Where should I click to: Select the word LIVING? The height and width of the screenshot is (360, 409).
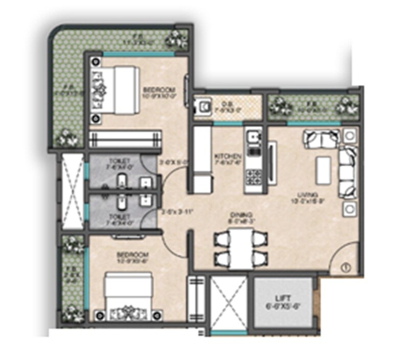tap(310, 195)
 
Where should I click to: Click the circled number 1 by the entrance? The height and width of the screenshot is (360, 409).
tap(344, 266)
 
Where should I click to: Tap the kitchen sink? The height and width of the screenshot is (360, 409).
tap(252, 138)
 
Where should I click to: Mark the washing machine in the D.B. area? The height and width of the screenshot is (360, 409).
tap(204, 106)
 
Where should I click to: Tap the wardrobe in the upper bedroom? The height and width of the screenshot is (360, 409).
tap(125, 139)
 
